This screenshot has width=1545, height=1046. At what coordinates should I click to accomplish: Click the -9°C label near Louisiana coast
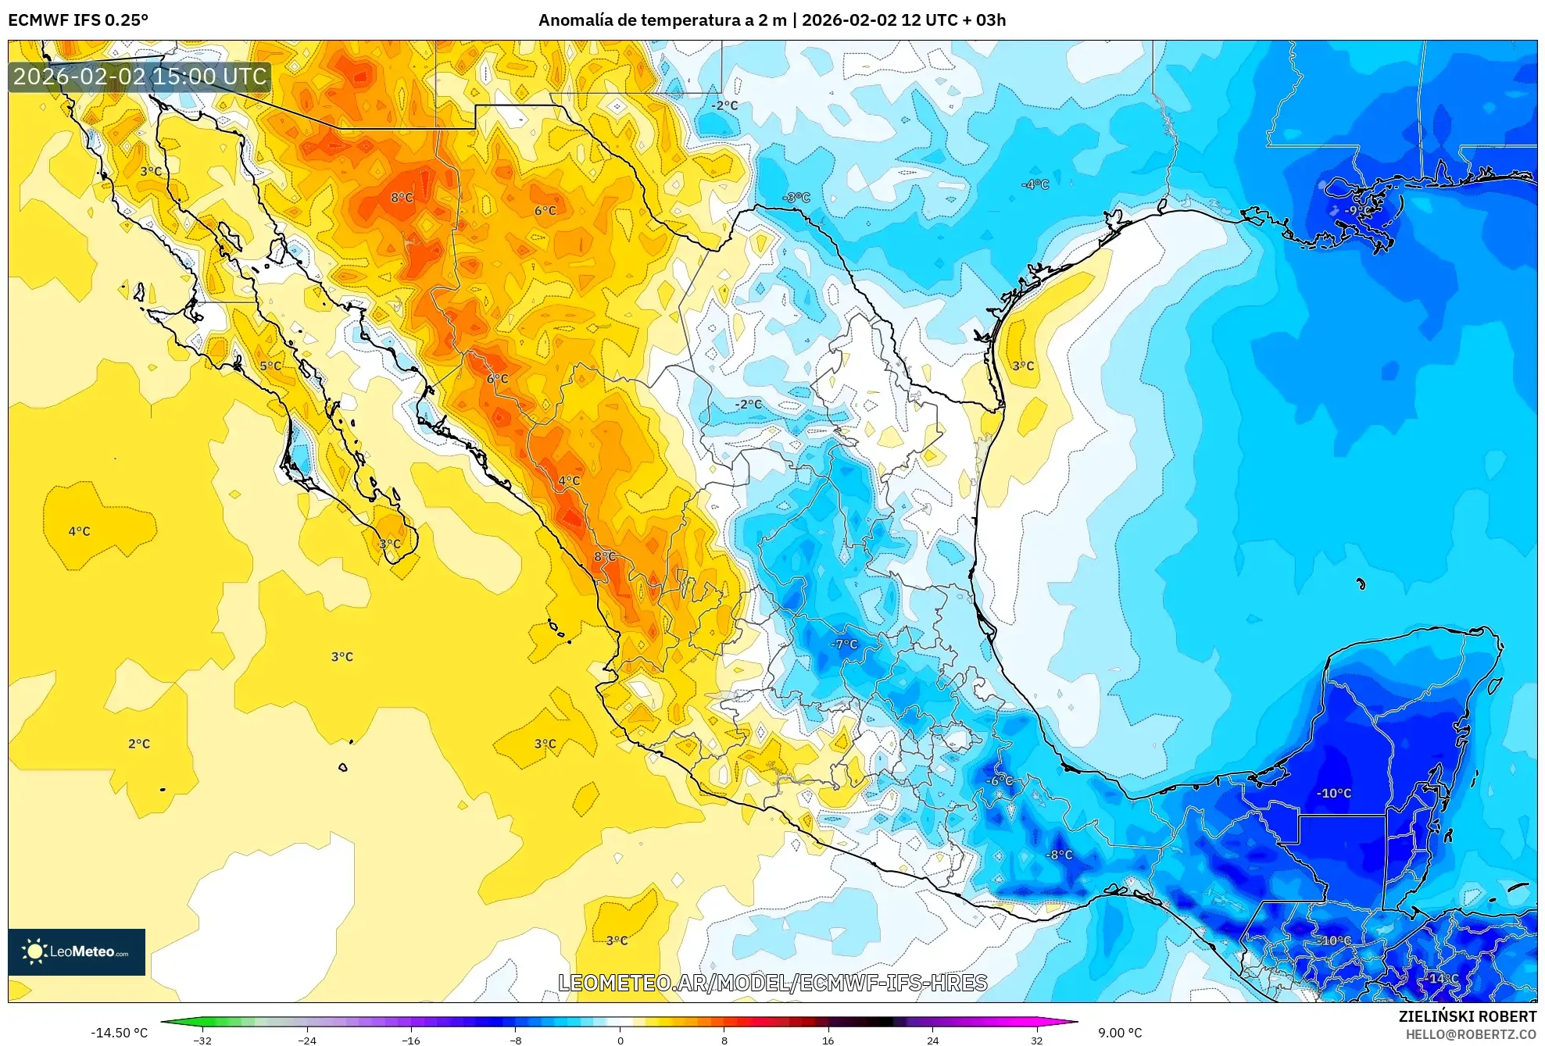pyautogui.click(x=1357, y=210)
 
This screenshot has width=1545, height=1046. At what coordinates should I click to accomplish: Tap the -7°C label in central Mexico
pyautogui.click(x=844, y=644)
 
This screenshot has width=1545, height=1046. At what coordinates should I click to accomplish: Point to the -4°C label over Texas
pyautogui.click(x=1035, y=184)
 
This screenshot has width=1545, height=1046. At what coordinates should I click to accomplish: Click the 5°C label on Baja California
pyautogui.click(x=270, y=366)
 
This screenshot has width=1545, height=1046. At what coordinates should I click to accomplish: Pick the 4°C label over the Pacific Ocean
pyautogui.click(x=79, y=531)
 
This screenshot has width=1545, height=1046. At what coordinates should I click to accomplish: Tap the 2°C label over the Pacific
pyautogui.click(x=139, y=744)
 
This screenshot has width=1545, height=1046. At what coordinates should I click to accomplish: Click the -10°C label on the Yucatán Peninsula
pyautogui.click(x=1333, y=793)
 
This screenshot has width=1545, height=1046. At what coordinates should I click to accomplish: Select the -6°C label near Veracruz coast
pyautogui.click(x=999, y=780)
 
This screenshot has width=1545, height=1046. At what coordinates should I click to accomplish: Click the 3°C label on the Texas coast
pyautogui.click(x=1023, y=366)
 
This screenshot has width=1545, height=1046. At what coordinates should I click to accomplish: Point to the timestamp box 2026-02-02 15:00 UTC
pyautogui.click(x=140, y=77)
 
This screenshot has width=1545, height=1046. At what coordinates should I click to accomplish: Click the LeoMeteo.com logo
pyautogui.click(x=77, y=951)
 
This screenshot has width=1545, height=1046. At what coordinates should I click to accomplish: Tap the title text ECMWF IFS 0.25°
pyautogui.click(x=78, y=20)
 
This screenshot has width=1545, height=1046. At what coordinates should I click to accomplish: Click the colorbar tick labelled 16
pyautogui.click(x=828, y=1040)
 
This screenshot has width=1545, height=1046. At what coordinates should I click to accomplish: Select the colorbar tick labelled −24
pyautogui.click(x=307, y=1040)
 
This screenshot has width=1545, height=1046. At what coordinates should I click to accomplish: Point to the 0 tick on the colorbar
pyautogui.click(x=621, y=1040)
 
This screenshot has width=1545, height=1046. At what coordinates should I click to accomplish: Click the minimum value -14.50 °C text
pyautogui.click(x=119, y=1033)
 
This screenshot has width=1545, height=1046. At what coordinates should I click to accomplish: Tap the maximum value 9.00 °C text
pyautogui.click(x=1120, y=1033)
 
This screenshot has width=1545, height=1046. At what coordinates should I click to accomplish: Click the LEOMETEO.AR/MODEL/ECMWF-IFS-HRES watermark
pyautogui.click(x=772, y=983)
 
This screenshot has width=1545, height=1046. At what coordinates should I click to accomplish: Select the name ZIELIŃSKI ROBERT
pyautogui.click(x=1467, y=1016)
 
